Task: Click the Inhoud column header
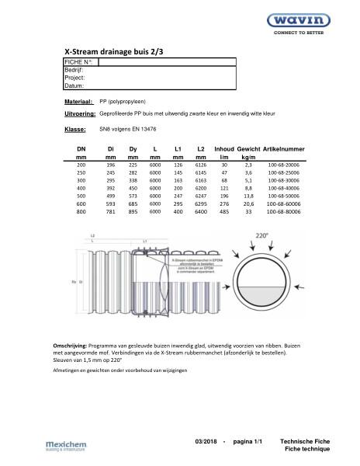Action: [x=224, y=148]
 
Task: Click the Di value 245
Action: [x=111, y=173]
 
